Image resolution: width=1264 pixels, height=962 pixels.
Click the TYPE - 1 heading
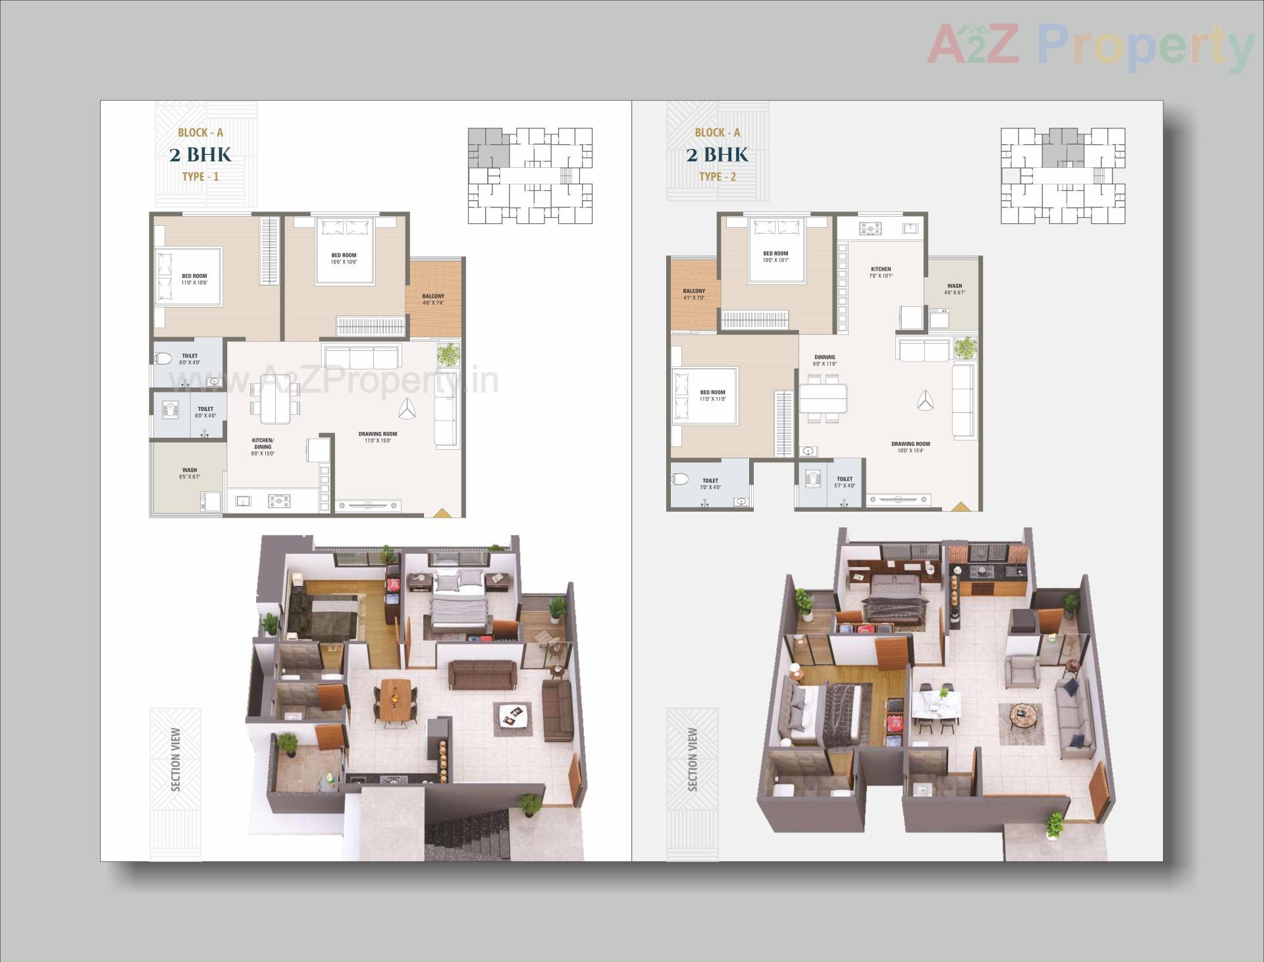pos(200,176)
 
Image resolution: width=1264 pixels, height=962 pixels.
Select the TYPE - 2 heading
pos(717,176)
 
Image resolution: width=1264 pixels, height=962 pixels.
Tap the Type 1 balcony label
pos(433,300)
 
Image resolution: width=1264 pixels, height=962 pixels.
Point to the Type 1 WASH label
pos(190,473)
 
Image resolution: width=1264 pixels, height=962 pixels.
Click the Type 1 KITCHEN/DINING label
pos(263,446)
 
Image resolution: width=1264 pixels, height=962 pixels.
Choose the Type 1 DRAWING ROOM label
pos(377,437)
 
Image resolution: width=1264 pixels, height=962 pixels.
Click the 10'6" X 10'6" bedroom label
pos(344,259)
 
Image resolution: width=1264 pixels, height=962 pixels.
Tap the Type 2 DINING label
pos(824,360)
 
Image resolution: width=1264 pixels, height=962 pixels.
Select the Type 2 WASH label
pos(954,289)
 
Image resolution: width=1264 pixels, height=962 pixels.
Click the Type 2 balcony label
pos(694,294)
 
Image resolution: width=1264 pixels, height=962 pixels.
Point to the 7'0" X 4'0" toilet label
pos(710,484)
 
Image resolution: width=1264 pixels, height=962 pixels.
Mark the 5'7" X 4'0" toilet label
pos(844,482)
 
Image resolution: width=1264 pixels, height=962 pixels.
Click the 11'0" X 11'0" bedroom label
pos(712,395)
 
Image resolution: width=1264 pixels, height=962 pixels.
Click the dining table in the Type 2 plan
pos(823,398)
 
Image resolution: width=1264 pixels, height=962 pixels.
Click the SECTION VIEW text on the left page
pos(175,759)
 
